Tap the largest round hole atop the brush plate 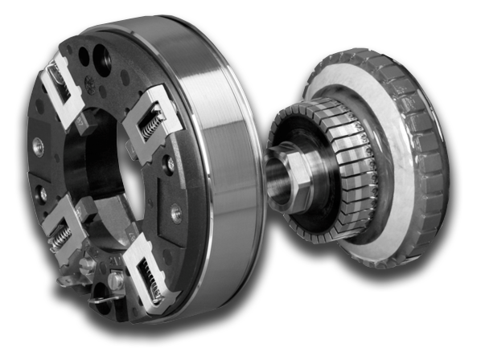click(x=103, y=60)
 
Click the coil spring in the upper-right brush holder click(x=152, y=125)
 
